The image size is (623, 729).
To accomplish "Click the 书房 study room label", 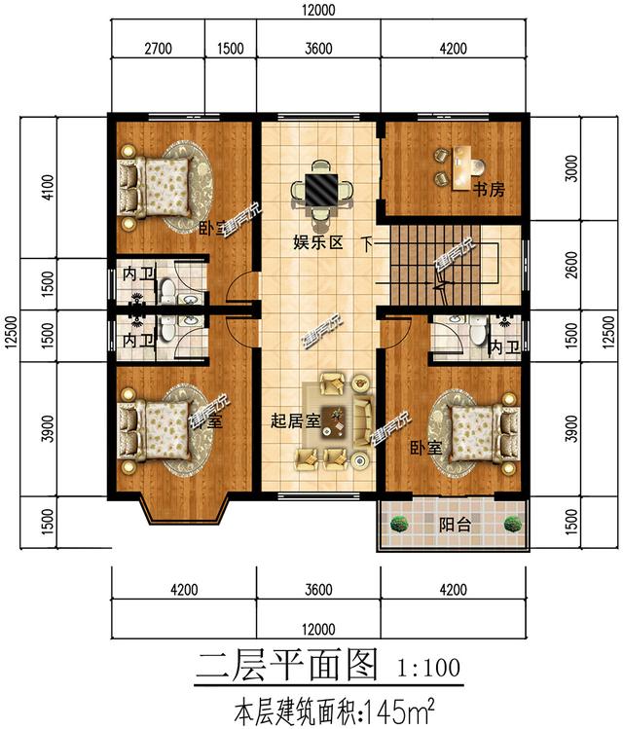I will point(489,190).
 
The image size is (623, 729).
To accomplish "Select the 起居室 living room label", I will point(295,421).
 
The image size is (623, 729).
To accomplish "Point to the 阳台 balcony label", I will point(454,525).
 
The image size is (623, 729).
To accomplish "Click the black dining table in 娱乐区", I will point(318,187).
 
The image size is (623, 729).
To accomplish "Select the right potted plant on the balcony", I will point(513,524).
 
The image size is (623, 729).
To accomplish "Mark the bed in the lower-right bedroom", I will point(481,431).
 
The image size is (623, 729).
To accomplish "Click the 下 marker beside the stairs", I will point(366,243).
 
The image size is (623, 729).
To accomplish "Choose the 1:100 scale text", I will point(428,669).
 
